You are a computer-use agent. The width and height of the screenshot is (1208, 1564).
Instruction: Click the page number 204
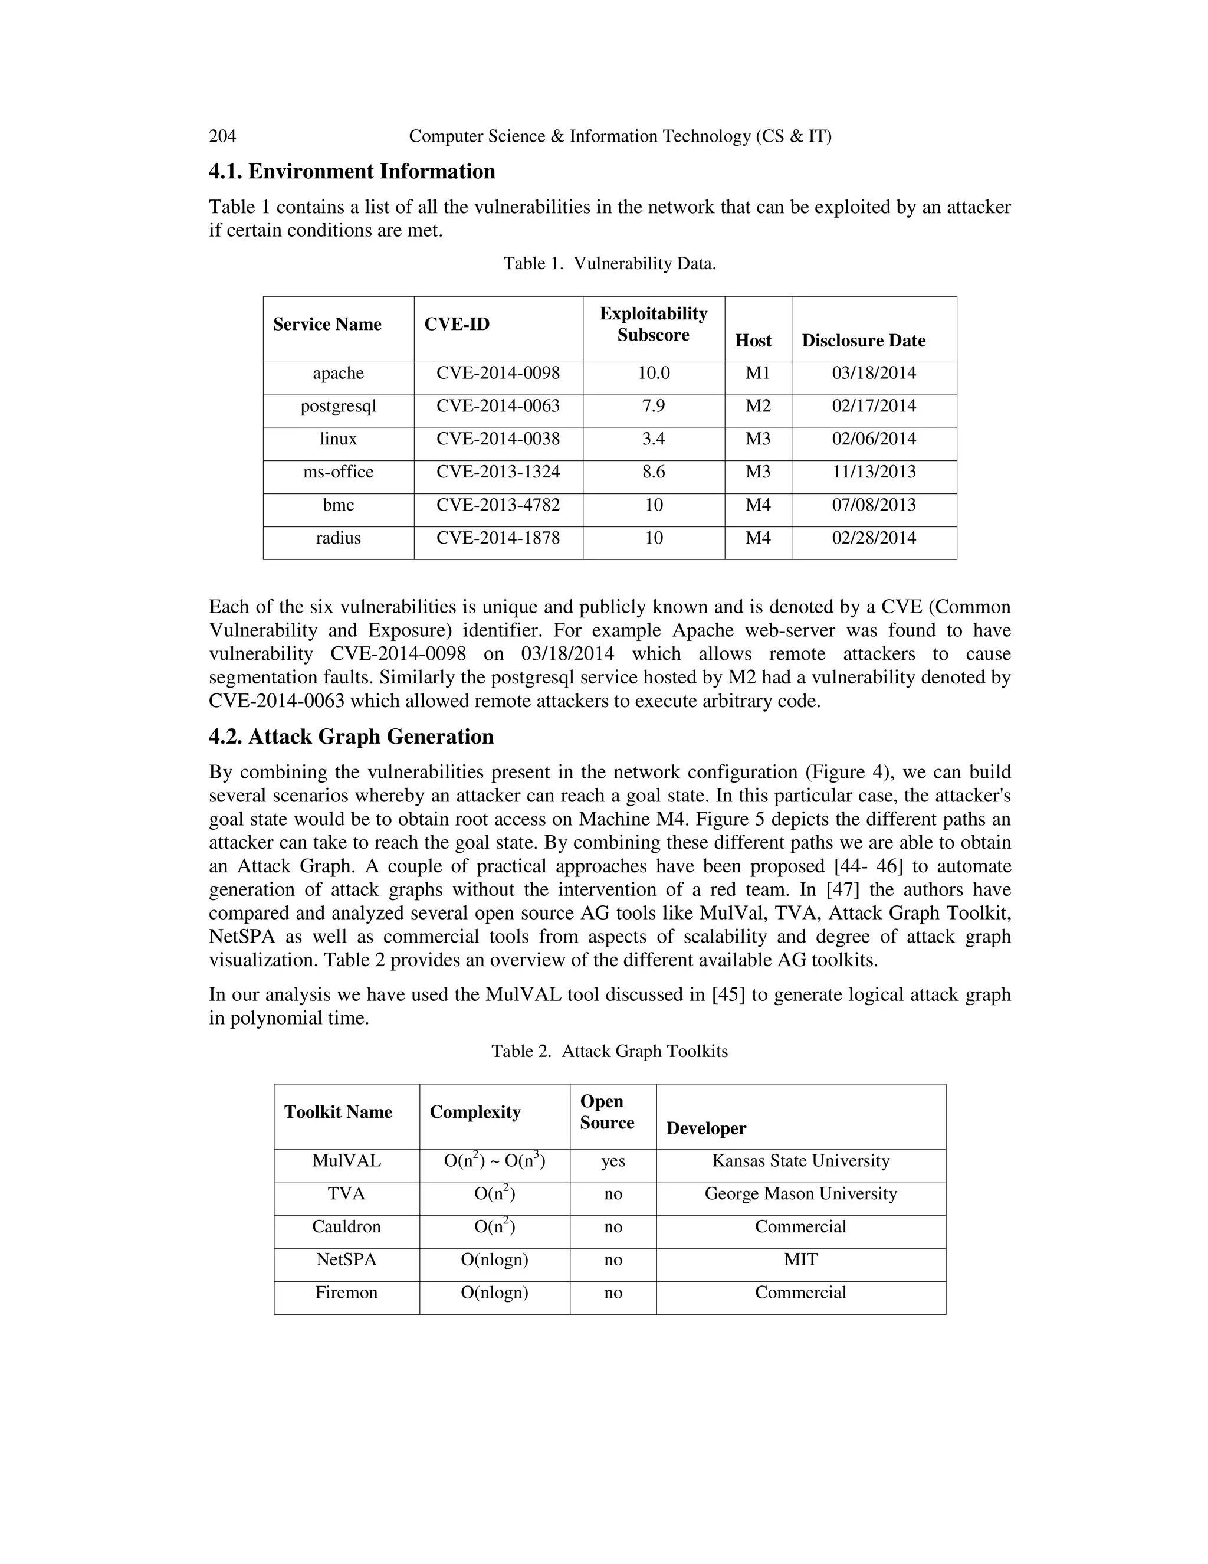click(222, 136)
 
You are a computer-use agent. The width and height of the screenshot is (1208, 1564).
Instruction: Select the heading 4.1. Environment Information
click(352, 172)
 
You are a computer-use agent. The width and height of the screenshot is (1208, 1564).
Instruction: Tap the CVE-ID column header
click(457, 325)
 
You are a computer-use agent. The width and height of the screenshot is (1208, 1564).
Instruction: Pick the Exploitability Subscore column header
click(653, 325)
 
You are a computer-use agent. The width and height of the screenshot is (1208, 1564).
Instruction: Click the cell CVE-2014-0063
click(497, 406)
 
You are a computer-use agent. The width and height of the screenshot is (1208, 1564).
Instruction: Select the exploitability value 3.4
click(653, 439)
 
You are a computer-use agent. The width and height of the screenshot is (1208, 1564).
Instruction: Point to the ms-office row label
click(338, 472)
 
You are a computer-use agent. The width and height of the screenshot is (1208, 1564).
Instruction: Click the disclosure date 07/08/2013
click(873, 505)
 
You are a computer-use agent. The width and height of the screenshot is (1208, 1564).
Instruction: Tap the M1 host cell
click(757, 373)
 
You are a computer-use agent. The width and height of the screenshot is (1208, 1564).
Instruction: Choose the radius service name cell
click(338, 538)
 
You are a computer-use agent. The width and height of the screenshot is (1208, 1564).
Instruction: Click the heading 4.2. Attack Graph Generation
click(351, 737)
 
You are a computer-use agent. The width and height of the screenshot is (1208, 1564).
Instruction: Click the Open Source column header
click(607, 1112)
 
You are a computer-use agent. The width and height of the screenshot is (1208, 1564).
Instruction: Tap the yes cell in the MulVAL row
click(613, 1161)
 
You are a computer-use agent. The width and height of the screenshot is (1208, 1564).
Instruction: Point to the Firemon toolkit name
click(346, 1293)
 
